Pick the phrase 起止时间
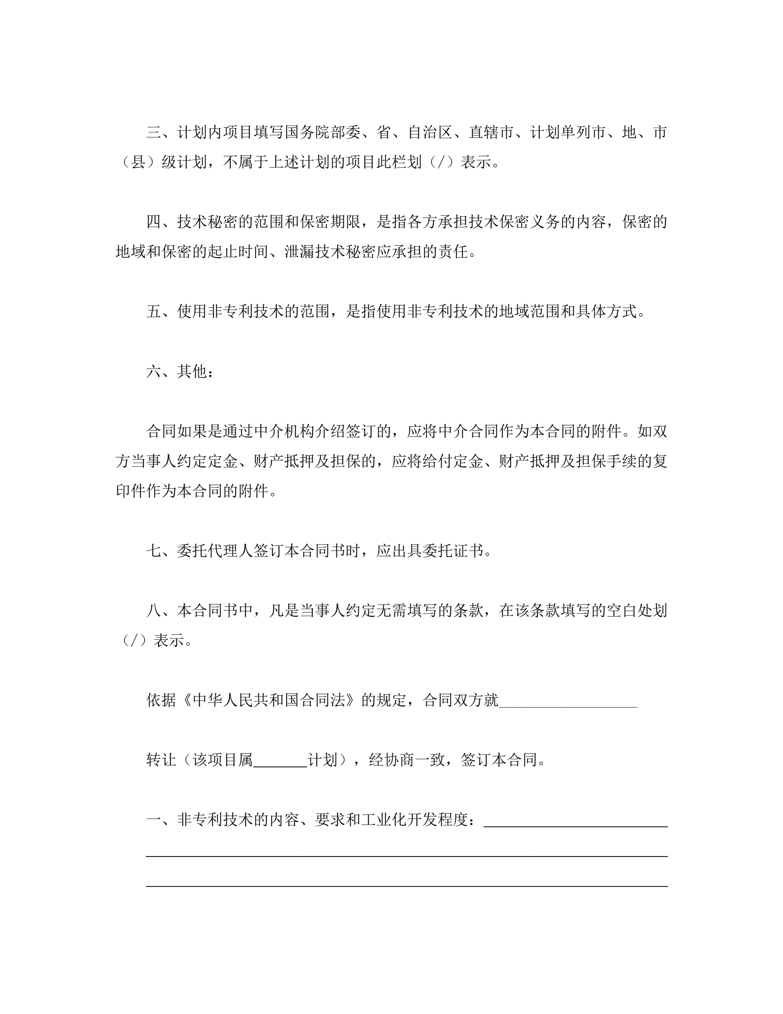coord(238,252)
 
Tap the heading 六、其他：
coord(180,371)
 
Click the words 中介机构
coord(284,431)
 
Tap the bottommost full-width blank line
coord(407,886)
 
